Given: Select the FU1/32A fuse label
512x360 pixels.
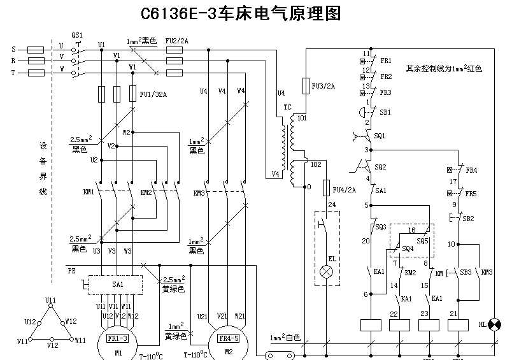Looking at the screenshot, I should click(153, 94).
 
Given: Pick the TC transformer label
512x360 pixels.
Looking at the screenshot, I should click(287, 107).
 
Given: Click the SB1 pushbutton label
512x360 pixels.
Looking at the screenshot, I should click(386, 112).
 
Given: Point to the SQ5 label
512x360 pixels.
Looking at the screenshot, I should click(423, 241).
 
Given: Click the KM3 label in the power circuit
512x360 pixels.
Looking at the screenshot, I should click(199, 192).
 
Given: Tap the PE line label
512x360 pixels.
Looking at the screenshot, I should click(71, 271).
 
